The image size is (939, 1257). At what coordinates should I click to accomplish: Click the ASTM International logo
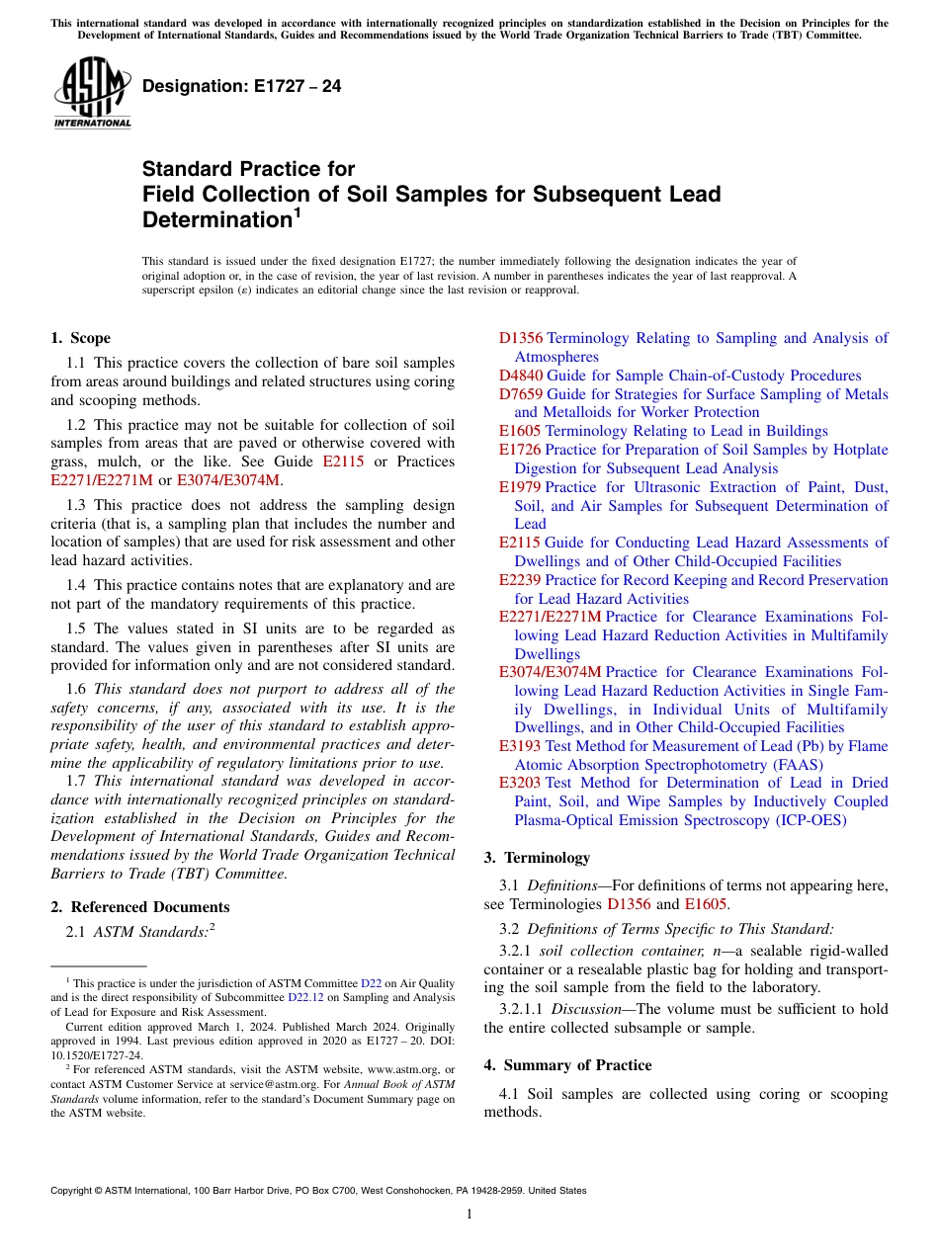(x=92, y=94)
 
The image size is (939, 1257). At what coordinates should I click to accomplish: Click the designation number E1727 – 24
(x=242, y=86)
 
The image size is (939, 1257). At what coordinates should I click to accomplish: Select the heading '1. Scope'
(x=80, y=338)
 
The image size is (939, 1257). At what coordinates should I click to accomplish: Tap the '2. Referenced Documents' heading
(x=140, y=907)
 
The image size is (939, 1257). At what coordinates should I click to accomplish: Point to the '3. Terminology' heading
(x=537, y=858)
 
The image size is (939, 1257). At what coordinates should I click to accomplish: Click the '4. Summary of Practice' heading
(x=567, y=1065)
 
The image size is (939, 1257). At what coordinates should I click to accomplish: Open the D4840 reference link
(x=521, y=376)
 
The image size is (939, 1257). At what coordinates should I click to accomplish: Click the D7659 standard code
(x=521, y=394)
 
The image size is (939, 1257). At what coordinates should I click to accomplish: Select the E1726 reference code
(x=520, y=450)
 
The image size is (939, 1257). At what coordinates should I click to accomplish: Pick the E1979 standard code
(x=520, y=487)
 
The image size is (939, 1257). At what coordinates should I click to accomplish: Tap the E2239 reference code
(x=520, y=580)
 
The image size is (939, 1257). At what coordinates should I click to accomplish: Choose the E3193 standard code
(x=520, y=746)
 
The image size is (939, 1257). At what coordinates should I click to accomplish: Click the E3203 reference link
(x=520, y=784)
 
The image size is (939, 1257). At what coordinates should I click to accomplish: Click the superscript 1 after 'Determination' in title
(x=297, y=211)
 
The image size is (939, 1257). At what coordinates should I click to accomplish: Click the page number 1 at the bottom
(x=469, y=1215)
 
